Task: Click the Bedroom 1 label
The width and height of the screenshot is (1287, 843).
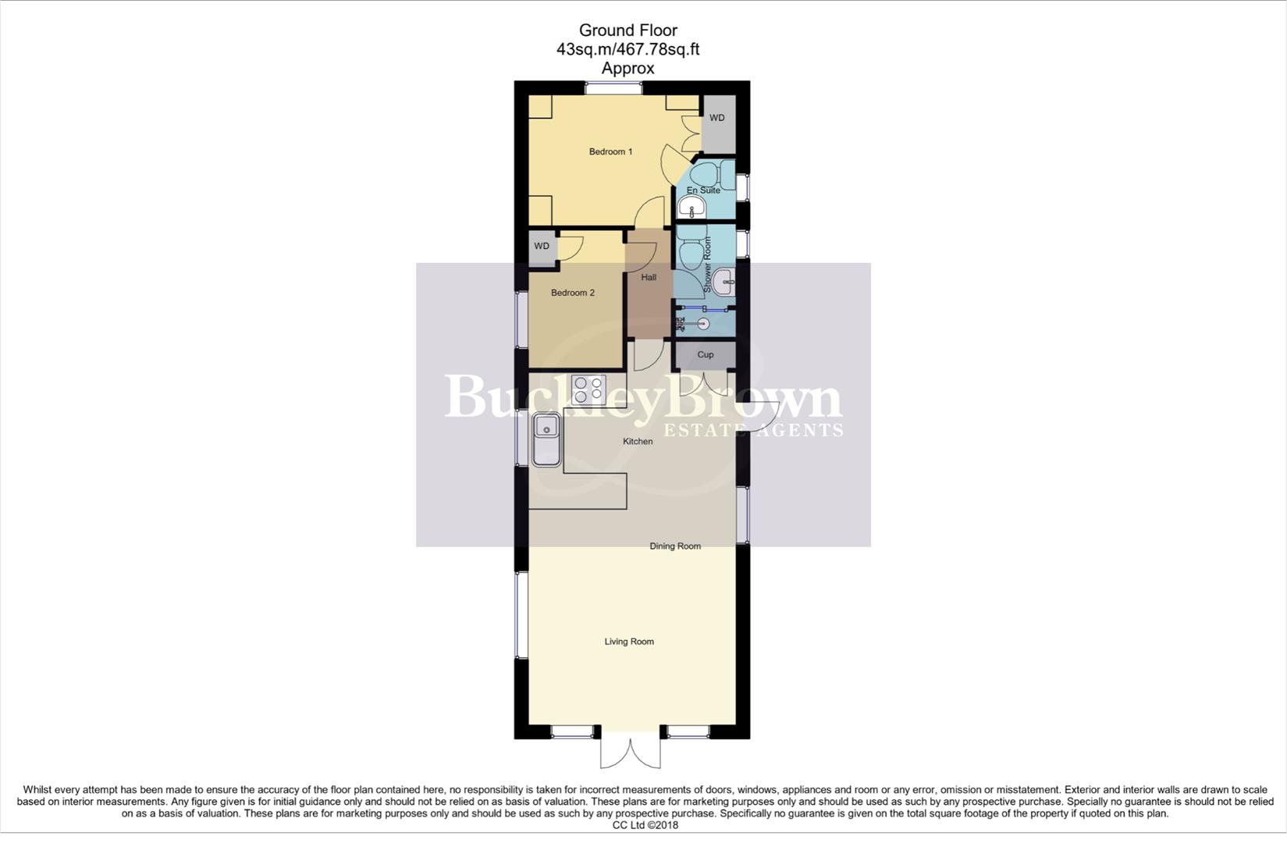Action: (610, 151)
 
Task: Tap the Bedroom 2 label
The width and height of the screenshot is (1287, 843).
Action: (573, 293)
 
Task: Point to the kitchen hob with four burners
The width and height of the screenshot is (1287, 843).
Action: (588, 389)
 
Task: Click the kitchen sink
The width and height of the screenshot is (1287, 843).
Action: (546, 439)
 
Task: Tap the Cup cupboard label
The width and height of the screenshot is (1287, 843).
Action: (705, 354)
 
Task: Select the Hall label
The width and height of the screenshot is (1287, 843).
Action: (649, 277)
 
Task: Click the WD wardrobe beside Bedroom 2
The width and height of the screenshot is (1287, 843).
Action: (542, 247)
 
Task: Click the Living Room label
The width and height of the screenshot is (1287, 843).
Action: (629, 642)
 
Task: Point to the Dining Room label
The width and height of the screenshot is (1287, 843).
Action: (675, 546)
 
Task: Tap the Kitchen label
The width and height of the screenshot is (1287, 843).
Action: (638, 442)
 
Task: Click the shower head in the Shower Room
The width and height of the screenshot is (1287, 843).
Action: (702, 323)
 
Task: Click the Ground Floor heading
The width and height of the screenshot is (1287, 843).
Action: (628, 30)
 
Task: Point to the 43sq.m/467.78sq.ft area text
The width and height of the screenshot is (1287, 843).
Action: (628, 49)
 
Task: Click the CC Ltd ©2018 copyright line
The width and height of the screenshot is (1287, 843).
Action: (645, 825)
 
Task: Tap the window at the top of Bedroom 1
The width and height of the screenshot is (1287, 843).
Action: (614, 88)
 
